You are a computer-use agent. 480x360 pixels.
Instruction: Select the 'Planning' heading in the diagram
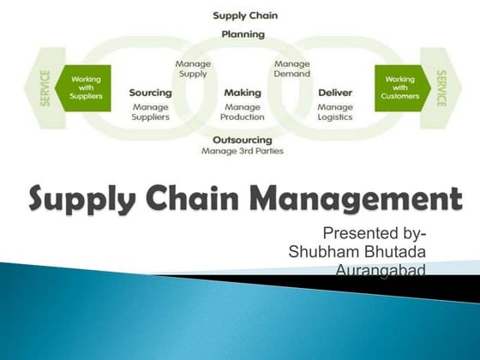(x=243, y=34)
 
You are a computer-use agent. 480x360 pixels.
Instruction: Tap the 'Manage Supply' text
(x=193, y=69)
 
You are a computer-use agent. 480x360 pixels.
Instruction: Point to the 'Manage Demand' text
(x=291, y=69)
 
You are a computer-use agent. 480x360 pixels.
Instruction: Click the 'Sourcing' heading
(x=151, y=93)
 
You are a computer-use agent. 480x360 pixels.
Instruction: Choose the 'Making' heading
(x=242, y=93)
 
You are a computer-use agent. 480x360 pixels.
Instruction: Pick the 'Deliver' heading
(x=335, y=93)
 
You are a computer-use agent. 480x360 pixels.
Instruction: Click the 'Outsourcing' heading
(x=243, y=139)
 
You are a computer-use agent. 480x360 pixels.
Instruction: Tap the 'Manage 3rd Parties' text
(x=243, y=151)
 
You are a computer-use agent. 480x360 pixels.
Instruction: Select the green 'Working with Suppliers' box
(x=86, y=87)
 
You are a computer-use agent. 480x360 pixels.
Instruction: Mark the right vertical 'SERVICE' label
(x=440, y=87)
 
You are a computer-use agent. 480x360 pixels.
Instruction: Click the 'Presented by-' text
(x=375, y=233)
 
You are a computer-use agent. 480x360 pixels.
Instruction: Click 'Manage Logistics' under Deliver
(x=335, y=112)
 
